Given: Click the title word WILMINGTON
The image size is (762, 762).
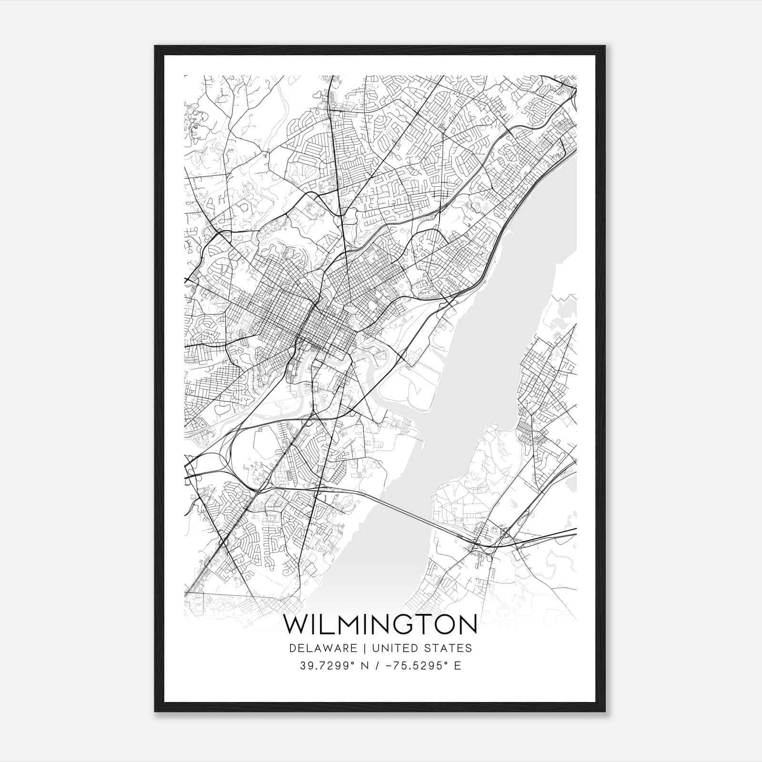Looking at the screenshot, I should [380, 625].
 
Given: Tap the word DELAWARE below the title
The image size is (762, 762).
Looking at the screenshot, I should [322, 648].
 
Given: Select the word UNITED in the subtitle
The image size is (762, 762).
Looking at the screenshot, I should [393, 648].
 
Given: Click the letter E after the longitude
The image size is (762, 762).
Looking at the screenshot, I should [458, 666].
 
